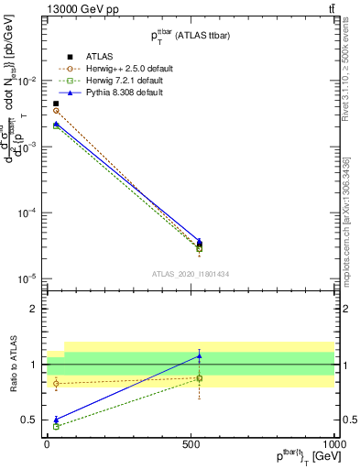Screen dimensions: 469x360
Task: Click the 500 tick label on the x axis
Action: (191, 442)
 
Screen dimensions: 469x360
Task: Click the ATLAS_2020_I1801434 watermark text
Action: (191, 273)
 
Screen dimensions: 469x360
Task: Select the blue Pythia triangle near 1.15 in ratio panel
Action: (200, 355)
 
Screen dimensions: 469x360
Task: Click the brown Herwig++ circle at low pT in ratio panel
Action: (57, 383)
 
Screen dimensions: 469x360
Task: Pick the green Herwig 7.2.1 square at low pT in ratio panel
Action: (57, 426)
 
